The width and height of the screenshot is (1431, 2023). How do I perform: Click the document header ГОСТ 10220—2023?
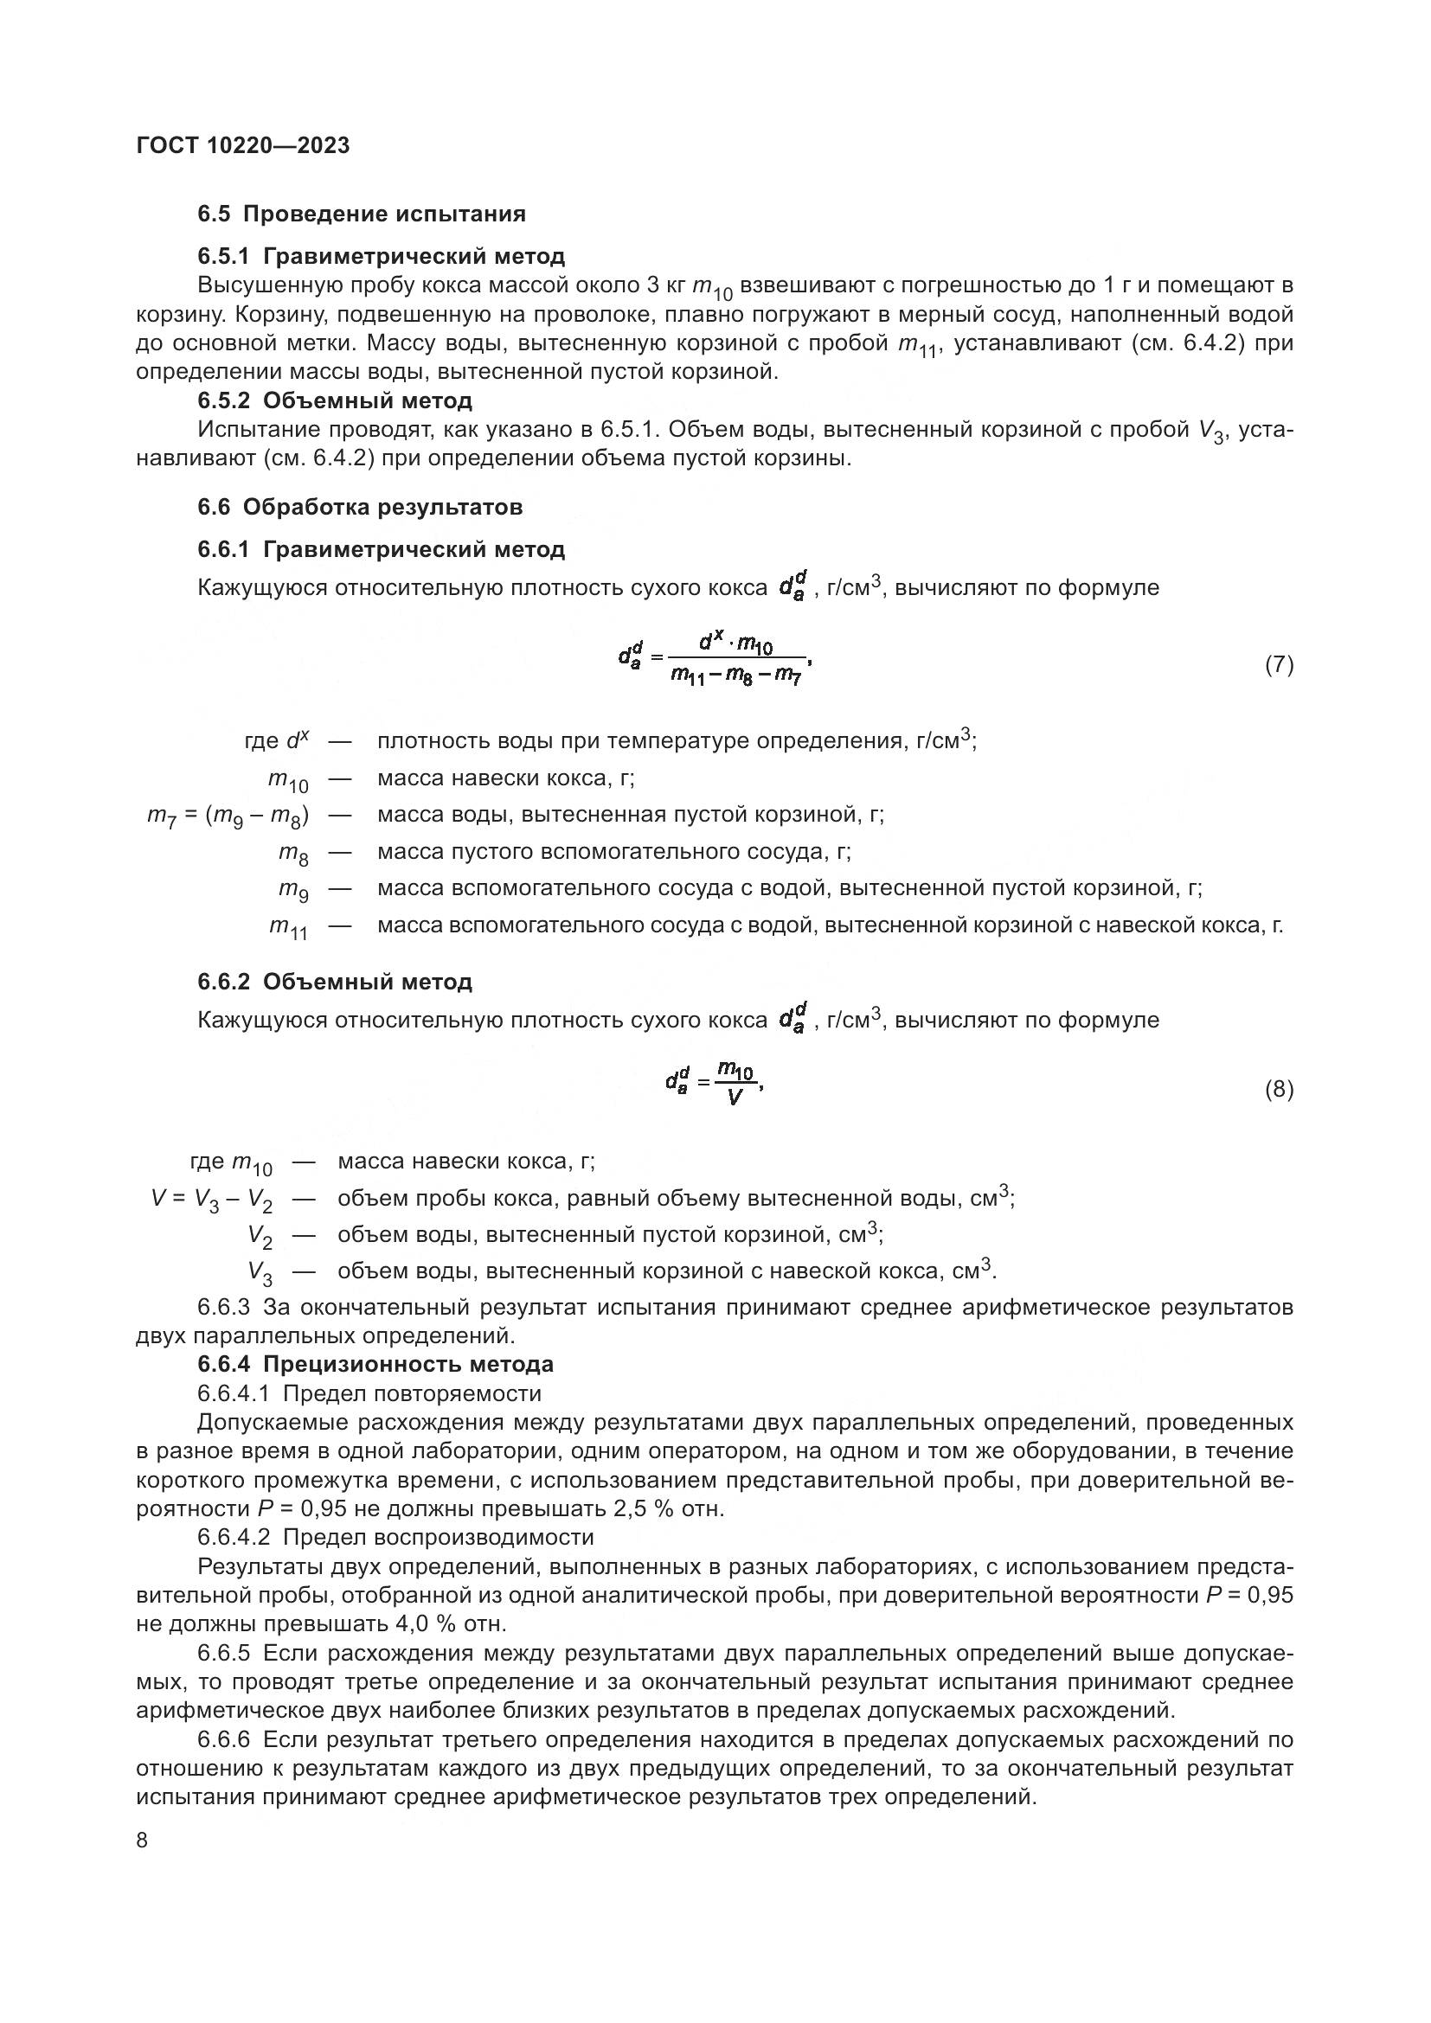click(x=243, y=145)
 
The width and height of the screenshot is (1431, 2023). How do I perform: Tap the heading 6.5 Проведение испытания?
click(x=362, y=214)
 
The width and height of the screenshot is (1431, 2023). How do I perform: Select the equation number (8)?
click(x=1279, y=1090)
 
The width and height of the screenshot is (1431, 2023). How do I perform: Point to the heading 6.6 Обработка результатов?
click(x=360, y=507)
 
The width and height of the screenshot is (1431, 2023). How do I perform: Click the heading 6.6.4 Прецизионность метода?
click(x=375, y=1364)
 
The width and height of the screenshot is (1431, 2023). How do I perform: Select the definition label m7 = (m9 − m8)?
click(x=228, y=816)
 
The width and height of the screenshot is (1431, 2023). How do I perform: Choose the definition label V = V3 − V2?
click(x=211, y=1199)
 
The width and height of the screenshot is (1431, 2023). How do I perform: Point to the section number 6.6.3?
click(x=225, y=1307)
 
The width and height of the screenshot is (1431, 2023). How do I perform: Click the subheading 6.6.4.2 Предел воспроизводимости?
click(x=395, y=1538)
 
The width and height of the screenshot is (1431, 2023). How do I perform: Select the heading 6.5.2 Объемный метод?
click(x=335, y=401)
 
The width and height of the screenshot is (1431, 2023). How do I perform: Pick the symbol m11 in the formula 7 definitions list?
click(x=288, y=927)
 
